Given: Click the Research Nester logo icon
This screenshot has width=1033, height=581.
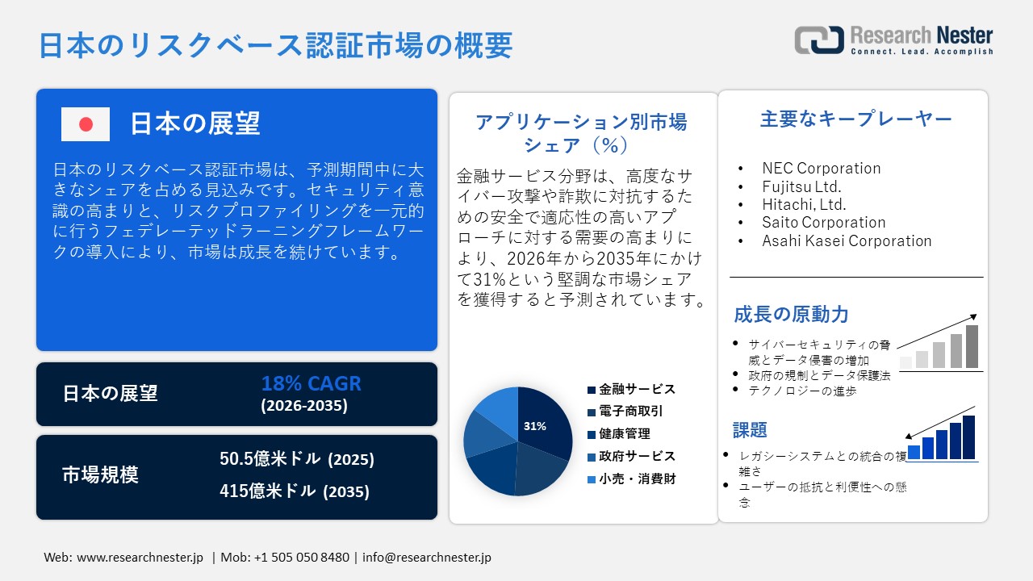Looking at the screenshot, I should [819, 40].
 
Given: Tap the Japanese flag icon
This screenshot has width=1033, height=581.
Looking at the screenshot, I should [86, 124].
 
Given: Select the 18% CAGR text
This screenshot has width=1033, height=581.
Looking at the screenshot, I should [311, 383].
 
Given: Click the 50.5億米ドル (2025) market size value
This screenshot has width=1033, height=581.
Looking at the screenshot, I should [297, 459].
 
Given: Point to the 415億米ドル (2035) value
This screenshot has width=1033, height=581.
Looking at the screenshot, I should [295, 491].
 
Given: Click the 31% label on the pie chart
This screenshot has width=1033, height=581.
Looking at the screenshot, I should [534, 426].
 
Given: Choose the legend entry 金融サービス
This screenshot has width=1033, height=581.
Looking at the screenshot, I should [637, 389].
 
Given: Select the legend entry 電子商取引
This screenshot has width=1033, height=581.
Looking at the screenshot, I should [631, 412].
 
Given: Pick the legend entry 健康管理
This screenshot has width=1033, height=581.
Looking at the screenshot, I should [625, 434].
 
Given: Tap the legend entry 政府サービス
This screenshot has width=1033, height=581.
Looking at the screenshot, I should [637, 457].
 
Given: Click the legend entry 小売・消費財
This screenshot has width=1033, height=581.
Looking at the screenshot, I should [637, 479].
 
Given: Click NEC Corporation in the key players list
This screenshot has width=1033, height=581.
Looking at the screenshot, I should [821, 168].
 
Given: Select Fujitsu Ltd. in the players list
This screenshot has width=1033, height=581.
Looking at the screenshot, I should [801, 186].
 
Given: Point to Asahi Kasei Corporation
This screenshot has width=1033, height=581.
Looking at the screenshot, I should [847, 240].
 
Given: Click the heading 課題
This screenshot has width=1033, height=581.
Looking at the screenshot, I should [750, 429].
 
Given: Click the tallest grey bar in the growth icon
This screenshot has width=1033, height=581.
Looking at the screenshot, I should [972, 346].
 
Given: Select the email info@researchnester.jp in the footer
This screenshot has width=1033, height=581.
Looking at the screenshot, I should [427, 558].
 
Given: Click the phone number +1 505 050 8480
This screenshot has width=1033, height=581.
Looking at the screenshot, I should [302, 558].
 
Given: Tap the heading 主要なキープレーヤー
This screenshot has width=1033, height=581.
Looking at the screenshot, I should [855, 119].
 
